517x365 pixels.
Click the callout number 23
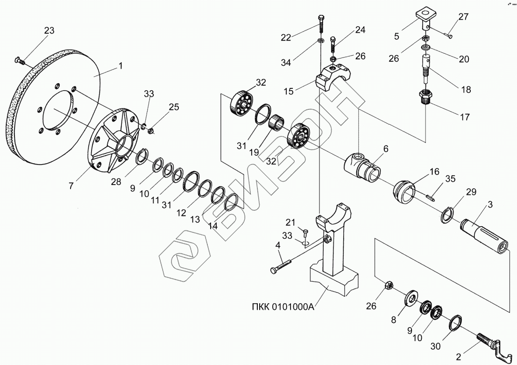[49, 30]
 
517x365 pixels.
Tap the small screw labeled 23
[20, 60]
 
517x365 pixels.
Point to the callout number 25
[174, 107]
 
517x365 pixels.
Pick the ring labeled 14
[231, 201]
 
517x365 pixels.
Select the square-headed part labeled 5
[425, 18]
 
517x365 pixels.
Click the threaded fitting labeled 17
[427, 97]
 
